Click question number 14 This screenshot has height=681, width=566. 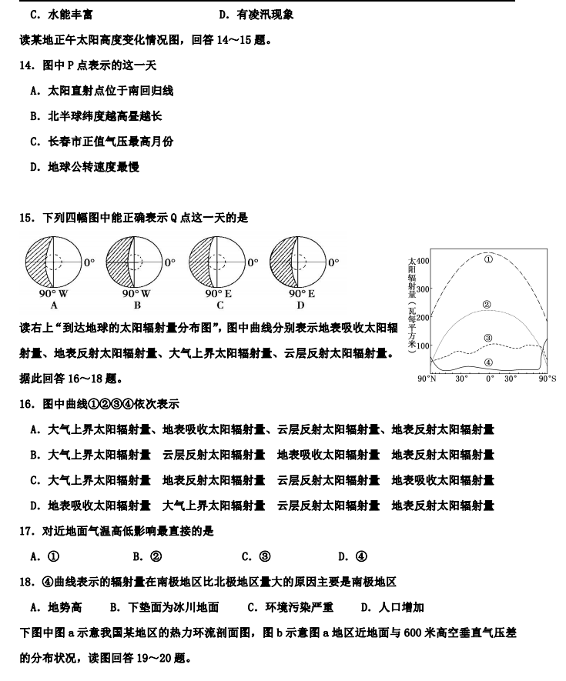tap(25, 65)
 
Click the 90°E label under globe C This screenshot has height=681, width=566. tap(219, 293)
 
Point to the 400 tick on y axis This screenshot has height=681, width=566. tap(424, 261)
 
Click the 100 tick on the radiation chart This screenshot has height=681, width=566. tap(424, 346)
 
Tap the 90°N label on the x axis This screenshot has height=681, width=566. tap(427, 379)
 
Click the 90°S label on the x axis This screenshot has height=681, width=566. tap(548, 379)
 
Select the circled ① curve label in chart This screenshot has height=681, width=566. tap(487, 259)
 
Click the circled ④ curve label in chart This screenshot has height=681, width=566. tap(488, 362)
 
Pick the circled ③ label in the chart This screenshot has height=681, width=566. tap(488, 338)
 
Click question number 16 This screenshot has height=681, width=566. tap(25, 404)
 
